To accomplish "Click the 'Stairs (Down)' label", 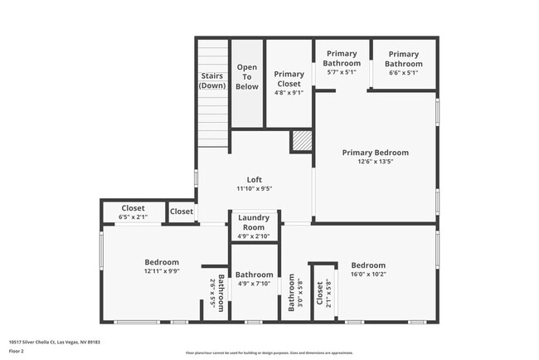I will (212, 80).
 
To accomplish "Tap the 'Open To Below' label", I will (247, 76).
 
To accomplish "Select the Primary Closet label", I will (289, 78).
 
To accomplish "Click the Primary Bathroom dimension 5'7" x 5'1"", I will (342, 71).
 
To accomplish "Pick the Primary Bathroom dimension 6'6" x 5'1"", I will (404, 71).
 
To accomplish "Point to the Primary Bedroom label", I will (376, 153).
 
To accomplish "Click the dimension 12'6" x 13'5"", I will (376, 163).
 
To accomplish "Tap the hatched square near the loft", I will (300, 141).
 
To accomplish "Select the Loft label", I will (255, 179).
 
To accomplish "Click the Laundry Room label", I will (253, 222).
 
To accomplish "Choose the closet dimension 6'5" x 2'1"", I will (134, 217).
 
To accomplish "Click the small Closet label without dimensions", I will (182, 212).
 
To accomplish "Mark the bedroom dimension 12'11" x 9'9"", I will (162, 271).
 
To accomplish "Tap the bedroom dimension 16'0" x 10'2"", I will (367, 275).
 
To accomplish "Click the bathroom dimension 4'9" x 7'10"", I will (254, 284).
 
